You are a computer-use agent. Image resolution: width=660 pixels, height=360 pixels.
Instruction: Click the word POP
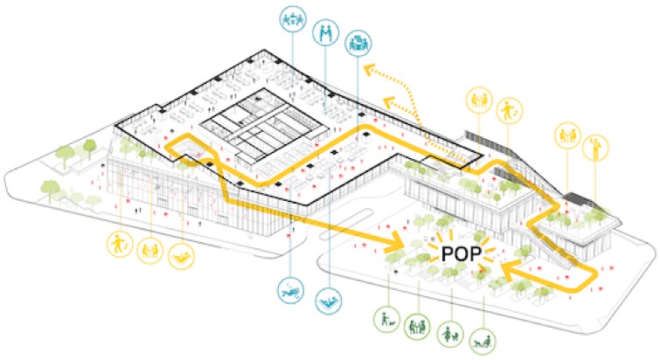point(461,254)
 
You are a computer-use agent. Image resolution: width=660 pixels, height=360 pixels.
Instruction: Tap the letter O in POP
point(461,254)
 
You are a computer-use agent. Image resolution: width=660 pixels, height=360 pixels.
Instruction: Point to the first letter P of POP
point(447,254)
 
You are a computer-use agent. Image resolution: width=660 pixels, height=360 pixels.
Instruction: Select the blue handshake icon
point(326,33)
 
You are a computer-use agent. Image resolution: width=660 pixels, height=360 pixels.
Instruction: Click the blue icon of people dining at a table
point(293,19)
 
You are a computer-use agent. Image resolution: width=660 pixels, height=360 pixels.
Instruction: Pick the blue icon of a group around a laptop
point(358,44)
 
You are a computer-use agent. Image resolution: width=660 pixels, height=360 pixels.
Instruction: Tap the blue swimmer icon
point(290,290)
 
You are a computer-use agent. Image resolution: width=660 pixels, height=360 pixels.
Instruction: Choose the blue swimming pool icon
point(329,301)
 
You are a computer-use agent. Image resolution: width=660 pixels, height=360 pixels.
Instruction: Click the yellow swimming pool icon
point(182,256)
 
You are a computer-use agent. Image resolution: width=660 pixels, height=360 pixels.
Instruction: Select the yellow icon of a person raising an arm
point(595,148)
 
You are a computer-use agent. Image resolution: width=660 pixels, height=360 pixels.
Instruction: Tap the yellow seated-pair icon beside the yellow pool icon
point(150,251)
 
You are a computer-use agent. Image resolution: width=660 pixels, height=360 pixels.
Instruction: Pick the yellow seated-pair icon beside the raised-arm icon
point(568,135)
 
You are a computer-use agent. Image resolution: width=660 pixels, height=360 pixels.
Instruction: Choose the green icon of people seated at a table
point(417,326)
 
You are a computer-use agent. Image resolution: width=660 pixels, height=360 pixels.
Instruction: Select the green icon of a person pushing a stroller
point(450,334)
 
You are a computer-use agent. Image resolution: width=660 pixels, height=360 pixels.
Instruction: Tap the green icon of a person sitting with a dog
point(483,341)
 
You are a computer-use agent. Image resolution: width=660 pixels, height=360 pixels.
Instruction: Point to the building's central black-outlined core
point(263,126)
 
